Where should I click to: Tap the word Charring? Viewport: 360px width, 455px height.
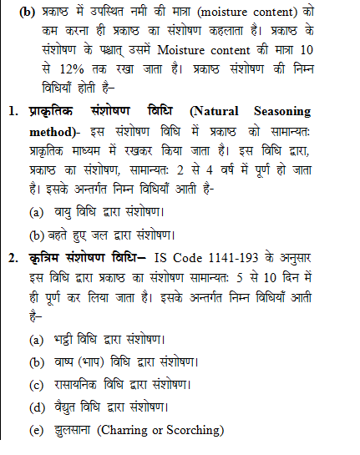pyautogui.click(x=122, y=431)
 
